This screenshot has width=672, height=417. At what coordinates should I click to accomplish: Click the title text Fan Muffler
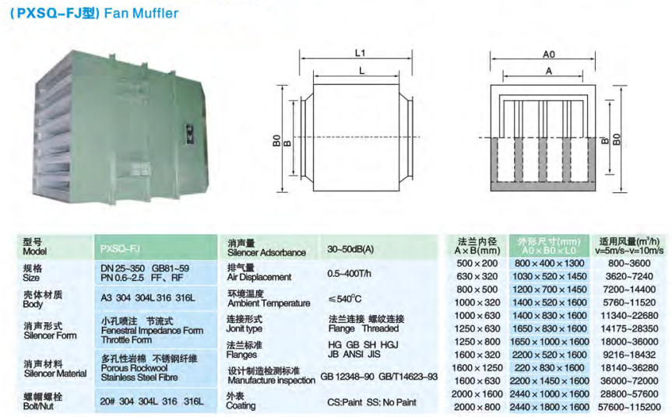pos(141,13)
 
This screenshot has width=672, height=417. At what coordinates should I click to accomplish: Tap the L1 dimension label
pos(360,53)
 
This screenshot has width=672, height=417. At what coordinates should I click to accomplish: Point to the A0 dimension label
pos(548,54)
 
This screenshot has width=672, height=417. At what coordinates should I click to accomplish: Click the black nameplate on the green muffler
pos(189,134)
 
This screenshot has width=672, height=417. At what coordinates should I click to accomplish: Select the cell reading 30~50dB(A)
pos(350,249)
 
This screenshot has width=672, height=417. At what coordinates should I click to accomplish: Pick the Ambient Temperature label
pos(269,303)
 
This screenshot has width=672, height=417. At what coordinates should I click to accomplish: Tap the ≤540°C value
pos(345,299)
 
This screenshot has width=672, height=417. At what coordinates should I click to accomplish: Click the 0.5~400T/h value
pos(350,273)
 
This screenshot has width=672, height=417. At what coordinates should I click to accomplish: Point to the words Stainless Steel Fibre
pos(139,377)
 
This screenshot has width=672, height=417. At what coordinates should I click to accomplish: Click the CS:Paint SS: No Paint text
pos(371,402)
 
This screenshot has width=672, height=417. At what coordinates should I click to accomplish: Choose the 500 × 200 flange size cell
pos(477,263)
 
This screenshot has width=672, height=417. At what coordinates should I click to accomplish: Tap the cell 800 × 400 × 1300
pos(550,263)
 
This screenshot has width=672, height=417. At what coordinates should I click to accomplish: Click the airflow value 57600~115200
pos(629,407)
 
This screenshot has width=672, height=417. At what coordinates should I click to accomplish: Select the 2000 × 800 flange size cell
pos(477,407)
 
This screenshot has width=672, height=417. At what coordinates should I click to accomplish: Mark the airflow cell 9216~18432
pos(629,355)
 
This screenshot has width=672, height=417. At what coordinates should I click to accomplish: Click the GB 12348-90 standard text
pos(347,377)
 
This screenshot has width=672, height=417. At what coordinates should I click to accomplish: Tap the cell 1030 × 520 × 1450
pos(550,276)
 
